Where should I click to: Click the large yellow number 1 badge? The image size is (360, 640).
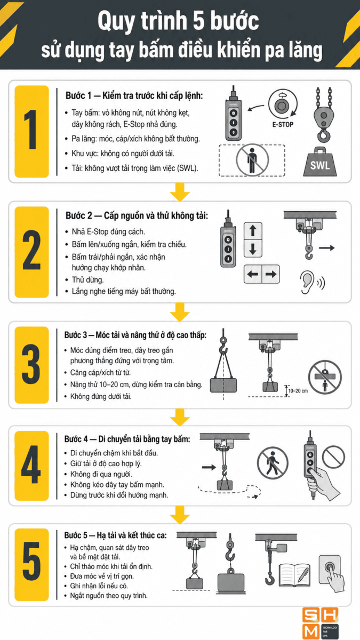[31, 131]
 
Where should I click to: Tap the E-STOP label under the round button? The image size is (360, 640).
[283, 125]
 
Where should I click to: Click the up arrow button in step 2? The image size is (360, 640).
[253, 231]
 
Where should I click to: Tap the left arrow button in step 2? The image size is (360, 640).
[253, 274]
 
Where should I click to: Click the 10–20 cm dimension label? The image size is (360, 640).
[298, 390]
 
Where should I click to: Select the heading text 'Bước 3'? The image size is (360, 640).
[75, 335]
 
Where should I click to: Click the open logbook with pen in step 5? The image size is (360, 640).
[294, 575]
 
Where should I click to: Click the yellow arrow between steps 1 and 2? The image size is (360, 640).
[180, 193]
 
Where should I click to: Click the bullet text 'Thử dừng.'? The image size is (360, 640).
[87, 279]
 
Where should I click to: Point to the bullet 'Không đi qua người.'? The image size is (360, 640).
[101, 474]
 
